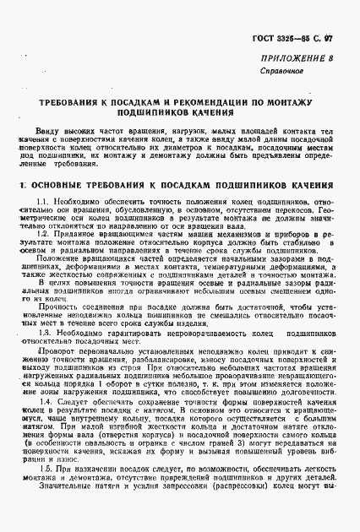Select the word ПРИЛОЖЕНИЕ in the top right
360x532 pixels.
click(x=297, y=61)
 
